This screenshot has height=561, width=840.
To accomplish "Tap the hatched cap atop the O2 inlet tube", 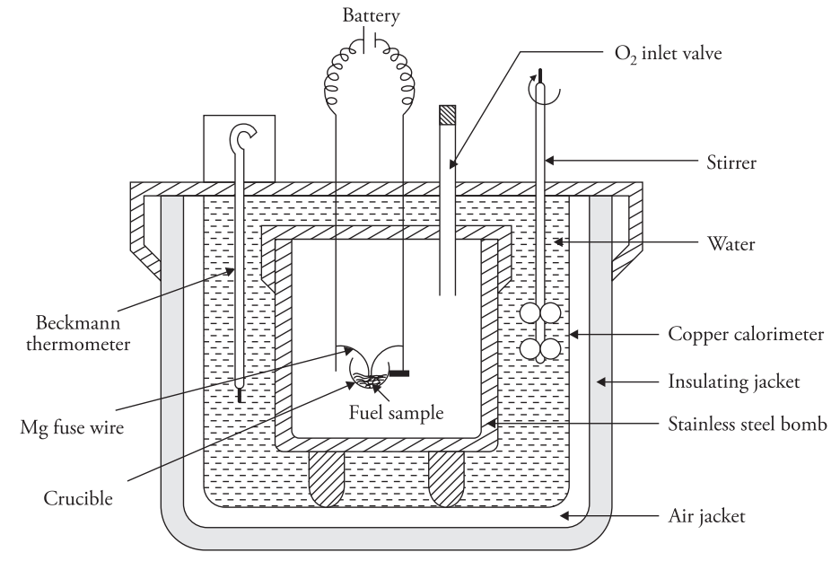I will click(x=448, y=115).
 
